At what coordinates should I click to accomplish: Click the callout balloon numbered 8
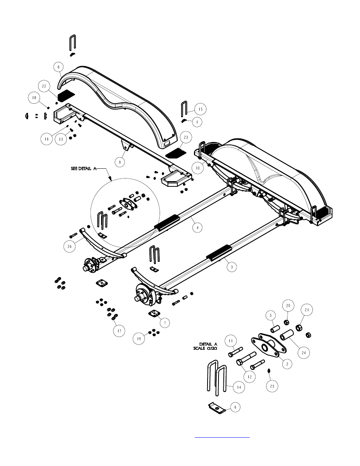click(58, 67)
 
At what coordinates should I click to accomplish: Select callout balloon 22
click(44, 86)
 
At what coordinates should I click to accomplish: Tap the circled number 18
click(34, 98)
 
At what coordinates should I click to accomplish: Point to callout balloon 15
click(200, 109)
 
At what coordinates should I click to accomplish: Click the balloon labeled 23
click(186, 137)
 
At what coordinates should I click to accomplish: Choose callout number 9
click(120, 162)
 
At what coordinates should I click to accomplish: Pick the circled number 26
click(69, 246)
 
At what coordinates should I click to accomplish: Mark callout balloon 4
click(197, 228)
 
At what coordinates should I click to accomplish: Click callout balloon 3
click(232, 267)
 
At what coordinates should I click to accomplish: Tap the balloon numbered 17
click(119, 331)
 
